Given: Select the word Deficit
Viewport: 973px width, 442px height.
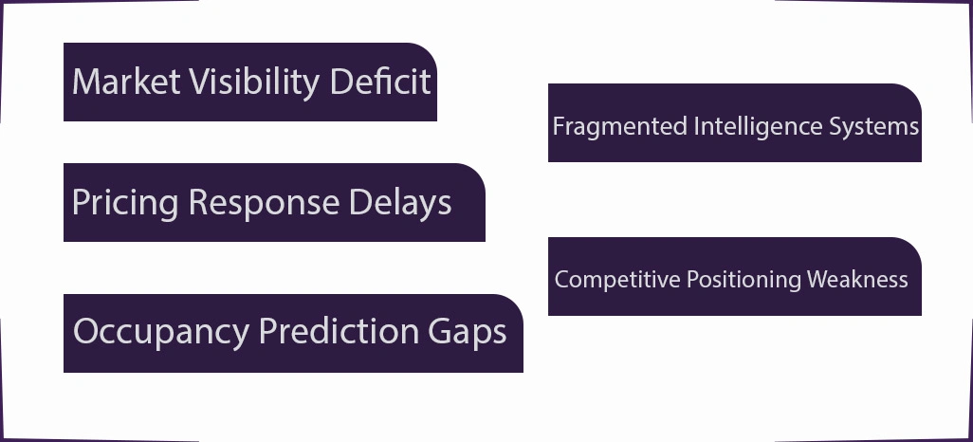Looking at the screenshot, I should pos(380,82).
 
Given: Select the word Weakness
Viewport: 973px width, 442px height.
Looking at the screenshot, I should pos(857,280).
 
